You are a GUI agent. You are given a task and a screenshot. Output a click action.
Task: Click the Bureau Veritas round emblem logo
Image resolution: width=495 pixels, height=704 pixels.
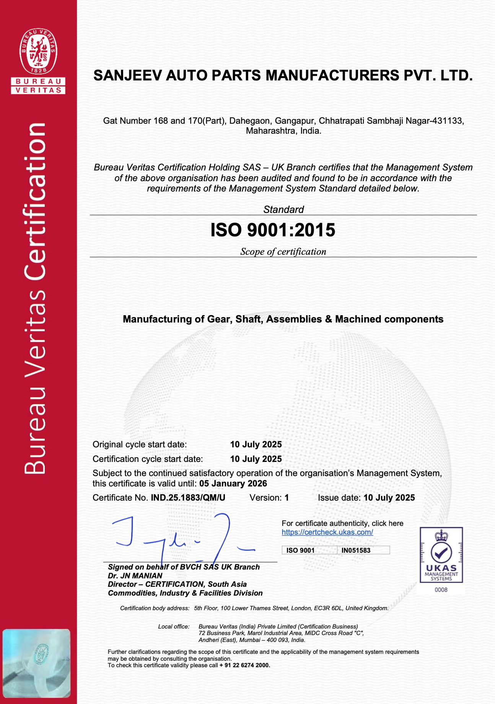[x=38, y=51]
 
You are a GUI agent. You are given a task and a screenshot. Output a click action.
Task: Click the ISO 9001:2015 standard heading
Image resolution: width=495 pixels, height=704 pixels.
[x=273, y=230]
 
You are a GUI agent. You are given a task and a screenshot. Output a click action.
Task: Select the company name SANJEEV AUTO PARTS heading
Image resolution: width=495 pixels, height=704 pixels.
[x=283, y=75]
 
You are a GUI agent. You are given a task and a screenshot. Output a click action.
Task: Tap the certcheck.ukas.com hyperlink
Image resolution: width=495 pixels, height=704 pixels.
[x=327, y=532]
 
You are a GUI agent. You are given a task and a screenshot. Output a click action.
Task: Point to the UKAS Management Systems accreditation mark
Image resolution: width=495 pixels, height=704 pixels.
[x=441, y=555]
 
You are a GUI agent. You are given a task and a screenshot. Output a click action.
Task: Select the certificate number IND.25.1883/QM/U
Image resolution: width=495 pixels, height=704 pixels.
[x=188, y=498]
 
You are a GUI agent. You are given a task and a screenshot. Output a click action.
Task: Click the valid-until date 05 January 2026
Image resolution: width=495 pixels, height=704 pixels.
[x=233, y=483]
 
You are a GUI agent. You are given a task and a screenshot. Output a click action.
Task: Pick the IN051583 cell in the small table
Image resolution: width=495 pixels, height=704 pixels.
[x=356, y=550]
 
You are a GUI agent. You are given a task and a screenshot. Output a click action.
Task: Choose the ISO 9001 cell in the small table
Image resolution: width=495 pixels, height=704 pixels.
[x=300, y=550]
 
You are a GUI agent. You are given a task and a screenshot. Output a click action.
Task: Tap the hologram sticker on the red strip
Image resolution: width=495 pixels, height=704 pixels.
[x=37, y=663]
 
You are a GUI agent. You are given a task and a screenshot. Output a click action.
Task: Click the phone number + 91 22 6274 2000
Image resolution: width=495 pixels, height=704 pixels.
[x=245, y=665]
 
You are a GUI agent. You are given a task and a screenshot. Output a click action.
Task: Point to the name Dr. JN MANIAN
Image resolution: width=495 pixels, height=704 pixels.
[x=135, y=576]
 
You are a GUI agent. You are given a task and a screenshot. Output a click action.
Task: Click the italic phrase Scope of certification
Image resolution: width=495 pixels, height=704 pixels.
[x=283, y=252]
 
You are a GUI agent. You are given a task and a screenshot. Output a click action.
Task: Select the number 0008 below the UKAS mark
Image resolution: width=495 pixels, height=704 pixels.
[x=441, y=590]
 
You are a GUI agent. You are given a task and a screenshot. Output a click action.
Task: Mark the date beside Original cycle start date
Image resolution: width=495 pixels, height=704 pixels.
[x=256, y=444]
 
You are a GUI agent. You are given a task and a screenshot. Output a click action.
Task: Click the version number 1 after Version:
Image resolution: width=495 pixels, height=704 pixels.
[x=287, y=498]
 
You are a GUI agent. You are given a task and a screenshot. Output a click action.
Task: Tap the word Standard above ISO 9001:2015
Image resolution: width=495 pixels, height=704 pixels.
[x=283, y=210]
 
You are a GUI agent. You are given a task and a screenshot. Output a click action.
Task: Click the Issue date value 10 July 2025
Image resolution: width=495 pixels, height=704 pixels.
[x=389, y=498]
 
